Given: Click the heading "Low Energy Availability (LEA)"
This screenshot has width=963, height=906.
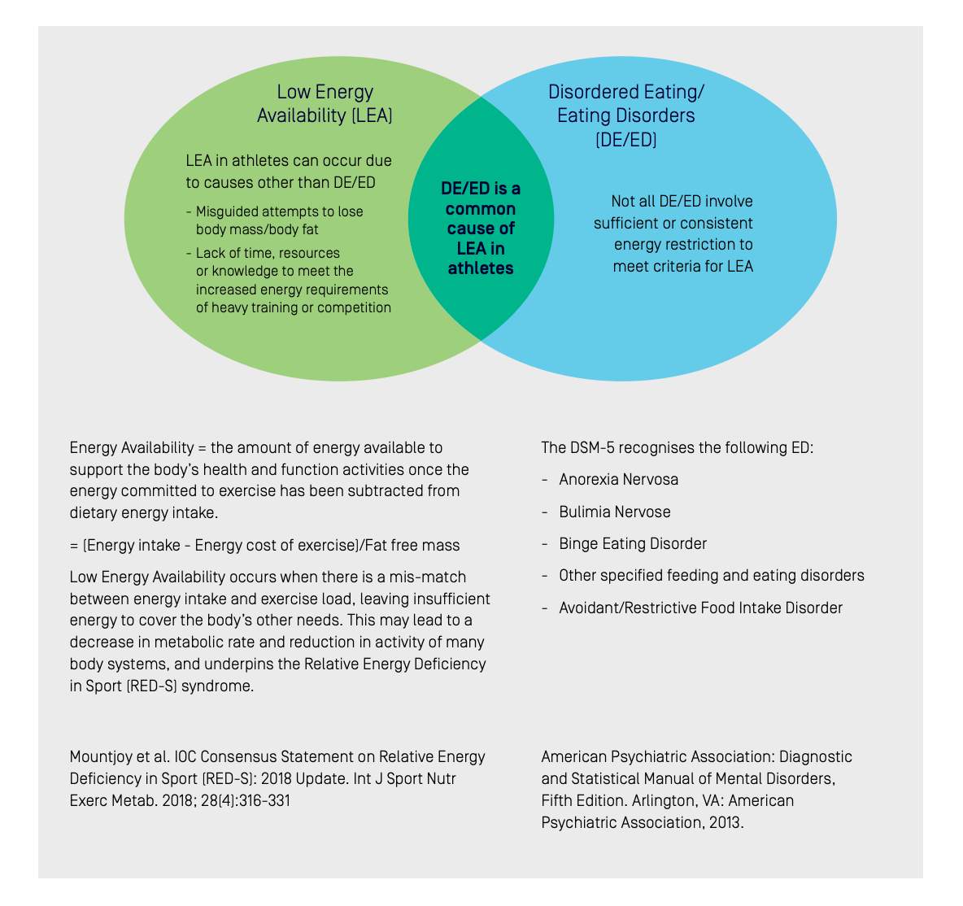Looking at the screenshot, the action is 325,103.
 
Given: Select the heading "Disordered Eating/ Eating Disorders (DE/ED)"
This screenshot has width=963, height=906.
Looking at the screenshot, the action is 625,115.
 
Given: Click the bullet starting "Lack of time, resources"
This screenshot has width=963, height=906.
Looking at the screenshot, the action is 289,280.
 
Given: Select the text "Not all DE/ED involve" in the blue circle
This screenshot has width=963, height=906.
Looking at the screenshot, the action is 682,202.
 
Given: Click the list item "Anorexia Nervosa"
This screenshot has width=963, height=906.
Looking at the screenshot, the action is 618,480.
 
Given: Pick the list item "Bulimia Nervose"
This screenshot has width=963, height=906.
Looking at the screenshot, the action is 615,512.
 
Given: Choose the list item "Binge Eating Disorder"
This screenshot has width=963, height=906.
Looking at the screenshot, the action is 633,544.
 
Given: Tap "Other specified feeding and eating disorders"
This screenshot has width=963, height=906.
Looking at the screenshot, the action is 711,576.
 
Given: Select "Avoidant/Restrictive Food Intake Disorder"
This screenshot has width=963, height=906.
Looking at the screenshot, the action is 701,608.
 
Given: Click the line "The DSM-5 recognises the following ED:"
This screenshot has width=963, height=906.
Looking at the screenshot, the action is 677,448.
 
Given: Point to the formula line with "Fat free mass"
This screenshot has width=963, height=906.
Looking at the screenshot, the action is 264,546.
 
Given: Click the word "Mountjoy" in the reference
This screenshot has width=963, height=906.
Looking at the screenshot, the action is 99,756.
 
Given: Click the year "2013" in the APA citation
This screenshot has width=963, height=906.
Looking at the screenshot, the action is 726,822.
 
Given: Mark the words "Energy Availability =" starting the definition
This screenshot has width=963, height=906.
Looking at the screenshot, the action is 137,448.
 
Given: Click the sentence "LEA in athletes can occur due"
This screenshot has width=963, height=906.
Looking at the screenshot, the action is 289,161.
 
